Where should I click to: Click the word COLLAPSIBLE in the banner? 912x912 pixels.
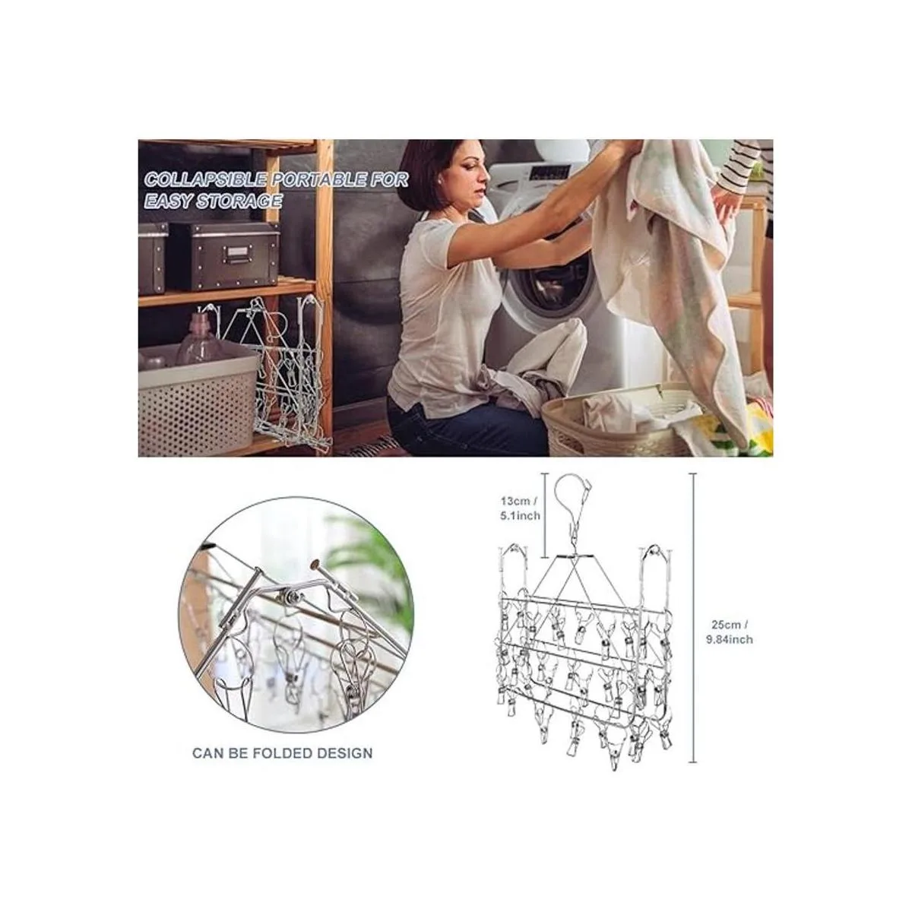tap(205, 180)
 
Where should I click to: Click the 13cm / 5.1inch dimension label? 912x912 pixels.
tap(521, 508)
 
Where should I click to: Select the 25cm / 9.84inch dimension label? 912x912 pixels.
tap(729, 632)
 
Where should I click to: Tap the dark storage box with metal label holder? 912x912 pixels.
tap(223, 256)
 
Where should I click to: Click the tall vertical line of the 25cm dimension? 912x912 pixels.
tap(694, 618)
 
